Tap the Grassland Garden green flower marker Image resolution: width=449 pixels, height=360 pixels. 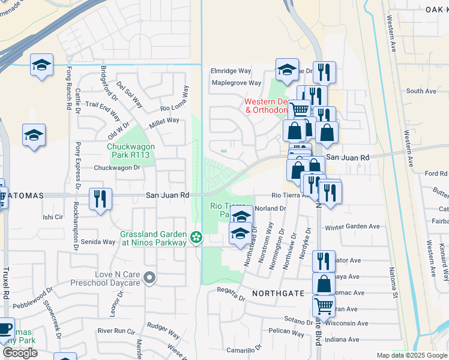pos(196,238)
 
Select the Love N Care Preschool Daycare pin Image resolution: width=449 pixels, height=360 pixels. pos(150,278)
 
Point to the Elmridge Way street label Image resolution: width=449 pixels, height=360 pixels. pos(231,71)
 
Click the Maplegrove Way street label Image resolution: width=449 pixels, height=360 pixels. pos(236,83)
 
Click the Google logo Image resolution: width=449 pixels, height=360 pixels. pos(20,353)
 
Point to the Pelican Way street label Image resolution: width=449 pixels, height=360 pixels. pos(287,331)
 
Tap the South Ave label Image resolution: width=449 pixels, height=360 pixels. pos(421,91)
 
